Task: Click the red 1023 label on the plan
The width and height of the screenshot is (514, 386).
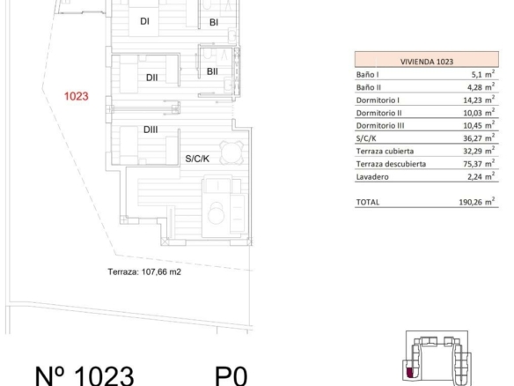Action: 76,96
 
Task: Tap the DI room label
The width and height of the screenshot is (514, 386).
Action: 144,21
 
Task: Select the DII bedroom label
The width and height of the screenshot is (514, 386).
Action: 151,78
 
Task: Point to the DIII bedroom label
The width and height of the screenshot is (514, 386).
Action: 151,130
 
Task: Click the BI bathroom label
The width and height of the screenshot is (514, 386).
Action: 214,22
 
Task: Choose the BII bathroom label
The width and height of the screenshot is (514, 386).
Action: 212,71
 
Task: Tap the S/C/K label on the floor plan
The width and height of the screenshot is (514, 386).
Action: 197,159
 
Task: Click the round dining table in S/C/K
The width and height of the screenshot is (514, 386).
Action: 231,152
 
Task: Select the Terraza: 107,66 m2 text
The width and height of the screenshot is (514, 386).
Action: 144,271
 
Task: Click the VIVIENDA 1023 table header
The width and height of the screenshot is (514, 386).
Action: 427,62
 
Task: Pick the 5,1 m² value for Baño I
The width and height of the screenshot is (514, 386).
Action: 483,74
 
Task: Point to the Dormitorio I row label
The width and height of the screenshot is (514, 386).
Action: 378,100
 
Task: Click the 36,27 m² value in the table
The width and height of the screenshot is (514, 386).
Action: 479,137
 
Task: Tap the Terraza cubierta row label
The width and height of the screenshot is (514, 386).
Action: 385,152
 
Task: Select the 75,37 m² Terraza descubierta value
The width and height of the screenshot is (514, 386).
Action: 479,163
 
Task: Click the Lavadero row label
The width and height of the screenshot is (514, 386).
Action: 372,177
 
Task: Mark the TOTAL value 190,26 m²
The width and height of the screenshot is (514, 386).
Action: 477,202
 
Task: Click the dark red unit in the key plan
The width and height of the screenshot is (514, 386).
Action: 409,373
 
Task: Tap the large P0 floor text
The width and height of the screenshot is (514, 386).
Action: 231,376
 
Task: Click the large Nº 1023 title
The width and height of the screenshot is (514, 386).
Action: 84,375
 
